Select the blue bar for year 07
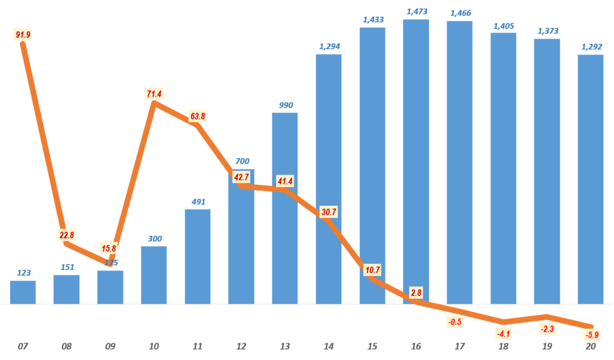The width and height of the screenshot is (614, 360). point(23,292)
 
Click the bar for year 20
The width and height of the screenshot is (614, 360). point(591,180)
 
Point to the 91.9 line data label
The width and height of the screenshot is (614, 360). point(22,35)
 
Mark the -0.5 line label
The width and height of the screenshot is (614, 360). point(455,322)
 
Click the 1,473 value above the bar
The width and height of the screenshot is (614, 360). point(417,11)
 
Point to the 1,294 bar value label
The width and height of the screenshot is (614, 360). point(329,46)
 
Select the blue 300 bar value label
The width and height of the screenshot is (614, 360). point(154,238)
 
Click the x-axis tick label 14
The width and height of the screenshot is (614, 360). point(329,347)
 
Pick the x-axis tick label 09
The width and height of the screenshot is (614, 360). point(110,347)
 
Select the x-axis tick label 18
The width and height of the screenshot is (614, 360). point(504,347)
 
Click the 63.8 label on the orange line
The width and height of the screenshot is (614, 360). point(197,115)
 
